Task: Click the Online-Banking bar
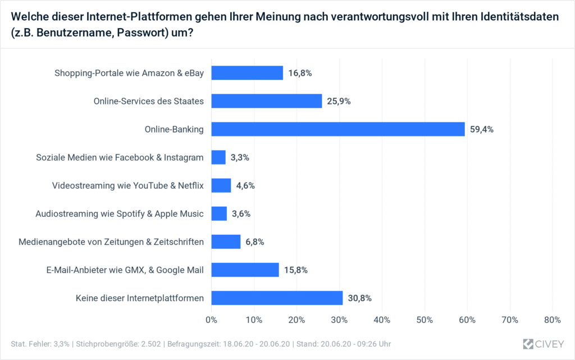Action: coord(338,129)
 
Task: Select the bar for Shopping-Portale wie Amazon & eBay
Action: coord(247,73)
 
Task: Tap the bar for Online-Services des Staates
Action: coord(267,101)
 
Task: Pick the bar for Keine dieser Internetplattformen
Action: coord(277,298)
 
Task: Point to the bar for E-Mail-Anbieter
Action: coord(245,270)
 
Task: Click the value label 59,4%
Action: coord(482,129)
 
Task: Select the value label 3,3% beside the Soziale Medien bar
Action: coord(240,157)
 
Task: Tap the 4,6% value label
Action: coord(245,185)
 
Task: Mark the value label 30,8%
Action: coord(360,298)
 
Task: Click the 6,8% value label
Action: coord(254,241)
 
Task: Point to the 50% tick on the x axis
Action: coord(425,320)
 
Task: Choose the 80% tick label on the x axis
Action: coord(553,320)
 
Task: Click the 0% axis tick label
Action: coord(212,320)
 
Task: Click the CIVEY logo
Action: coord(543,343)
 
